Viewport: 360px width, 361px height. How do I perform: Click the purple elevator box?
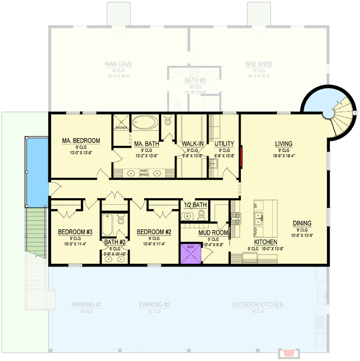tap(190, 254)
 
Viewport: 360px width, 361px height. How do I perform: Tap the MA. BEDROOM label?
tap(81, 141)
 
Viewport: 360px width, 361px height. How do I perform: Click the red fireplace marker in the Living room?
tap(241, 156)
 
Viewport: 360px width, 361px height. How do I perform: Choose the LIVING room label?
tap(284, 144)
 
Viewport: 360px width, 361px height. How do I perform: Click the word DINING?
tap(302, 223)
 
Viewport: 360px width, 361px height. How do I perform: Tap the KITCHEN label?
tap(262, 242)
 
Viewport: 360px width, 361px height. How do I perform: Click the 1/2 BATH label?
tap(195, 205)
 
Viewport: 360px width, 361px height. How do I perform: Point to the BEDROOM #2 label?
tap(154, 232)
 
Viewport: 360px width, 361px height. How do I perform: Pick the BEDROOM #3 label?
tap(75, 232)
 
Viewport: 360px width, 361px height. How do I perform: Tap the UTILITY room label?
tap(224, 144)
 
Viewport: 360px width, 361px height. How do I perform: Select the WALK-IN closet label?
tap(192, 144)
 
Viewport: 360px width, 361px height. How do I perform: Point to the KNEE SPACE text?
tap(144, 173)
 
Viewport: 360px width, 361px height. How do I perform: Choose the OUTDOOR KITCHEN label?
tap(257, 305)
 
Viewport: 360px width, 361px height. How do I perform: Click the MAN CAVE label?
tap(118, 64)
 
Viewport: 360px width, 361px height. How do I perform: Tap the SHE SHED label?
tap(259, 64)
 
